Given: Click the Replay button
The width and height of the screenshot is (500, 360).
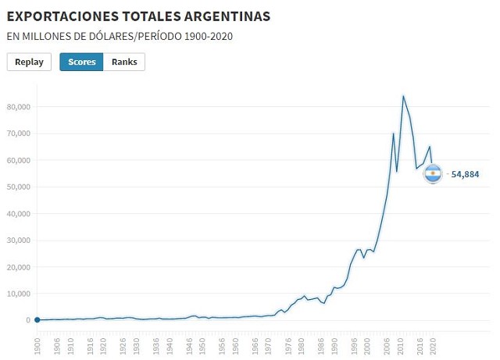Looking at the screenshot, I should (x=29, y=62).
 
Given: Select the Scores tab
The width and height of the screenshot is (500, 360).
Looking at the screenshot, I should (x=81, y=62).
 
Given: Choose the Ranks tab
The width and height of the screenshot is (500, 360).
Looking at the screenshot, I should (x=124, y=62).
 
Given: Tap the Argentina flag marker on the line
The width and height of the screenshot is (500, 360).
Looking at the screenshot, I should (x=433, y=174).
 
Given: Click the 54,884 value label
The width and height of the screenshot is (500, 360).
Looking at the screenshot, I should (x=465, y=174).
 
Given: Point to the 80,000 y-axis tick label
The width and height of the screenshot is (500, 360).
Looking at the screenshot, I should (x=18, y=107).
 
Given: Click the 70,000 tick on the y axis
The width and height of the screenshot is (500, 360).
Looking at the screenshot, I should (x=18, y=134).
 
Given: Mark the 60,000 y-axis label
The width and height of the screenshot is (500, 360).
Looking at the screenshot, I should (x=18, y=160).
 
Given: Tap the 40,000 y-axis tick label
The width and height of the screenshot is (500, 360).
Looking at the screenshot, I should (x=18, y=214).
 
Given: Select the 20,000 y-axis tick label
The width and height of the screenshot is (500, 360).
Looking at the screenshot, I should (x=18, y=267).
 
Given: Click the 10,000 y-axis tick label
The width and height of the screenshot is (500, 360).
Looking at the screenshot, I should (x=18, y=294).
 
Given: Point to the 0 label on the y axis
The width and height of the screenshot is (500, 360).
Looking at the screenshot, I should (x=27, y=320).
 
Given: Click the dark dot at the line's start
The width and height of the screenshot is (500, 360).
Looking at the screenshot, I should (x=37, y=320).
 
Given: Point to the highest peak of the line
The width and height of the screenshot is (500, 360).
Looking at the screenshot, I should (x=403, y=96).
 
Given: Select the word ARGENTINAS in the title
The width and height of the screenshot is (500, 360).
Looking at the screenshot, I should (x=226, y=16).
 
